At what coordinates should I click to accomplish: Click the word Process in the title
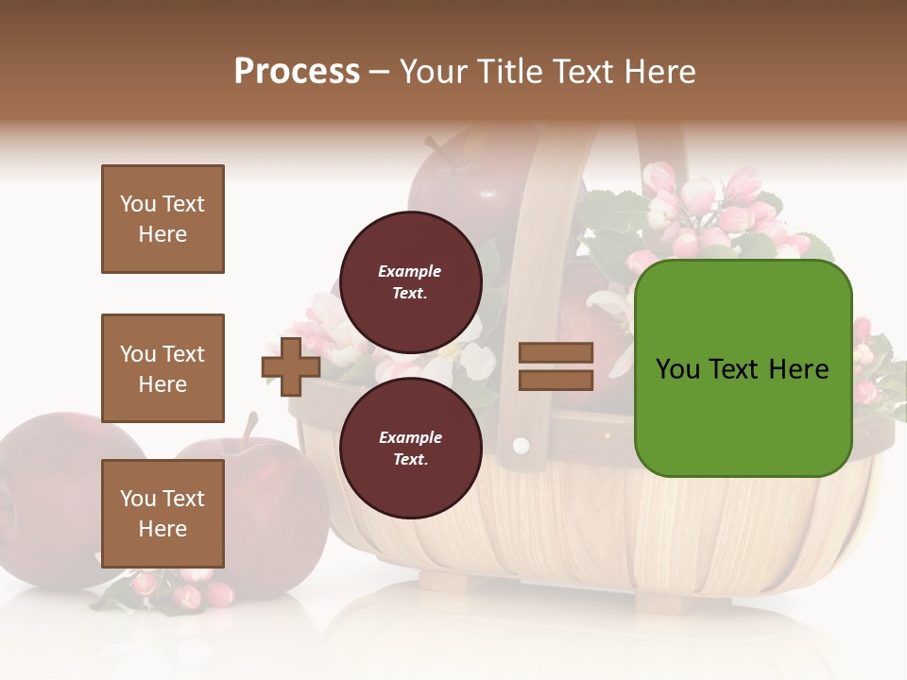tap(297, 72)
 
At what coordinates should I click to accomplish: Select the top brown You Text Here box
tap(163, 219)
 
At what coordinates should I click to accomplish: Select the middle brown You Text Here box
tap(163, 368)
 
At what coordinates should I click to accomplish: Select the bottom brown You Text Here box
tap(163, 513)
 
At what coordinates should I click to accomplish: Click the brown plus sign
tap(291, 366)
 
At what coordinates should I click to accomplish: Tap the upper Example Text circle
tap(410, 281)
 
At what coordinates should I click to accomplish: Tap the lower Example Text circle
tap(410, 448)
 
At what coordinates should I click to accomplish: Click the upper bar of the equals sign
tap(556, 353)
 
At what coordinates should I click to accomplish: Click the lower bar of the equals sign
tap(556, 380)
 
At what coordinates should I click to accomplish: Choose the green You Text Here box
tap(743, 368)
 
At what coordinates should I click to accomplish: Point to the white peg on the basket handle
tap(519, 444)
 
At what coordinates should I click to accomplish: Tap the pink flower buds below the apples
tap(184, 590)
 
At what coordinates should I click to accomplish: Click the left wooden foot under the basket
tap(444, 580)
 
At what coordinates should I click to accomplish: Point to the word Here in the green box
tap(798, 369)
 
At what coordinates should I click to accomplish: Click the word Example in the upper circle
tap(410, 271)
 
